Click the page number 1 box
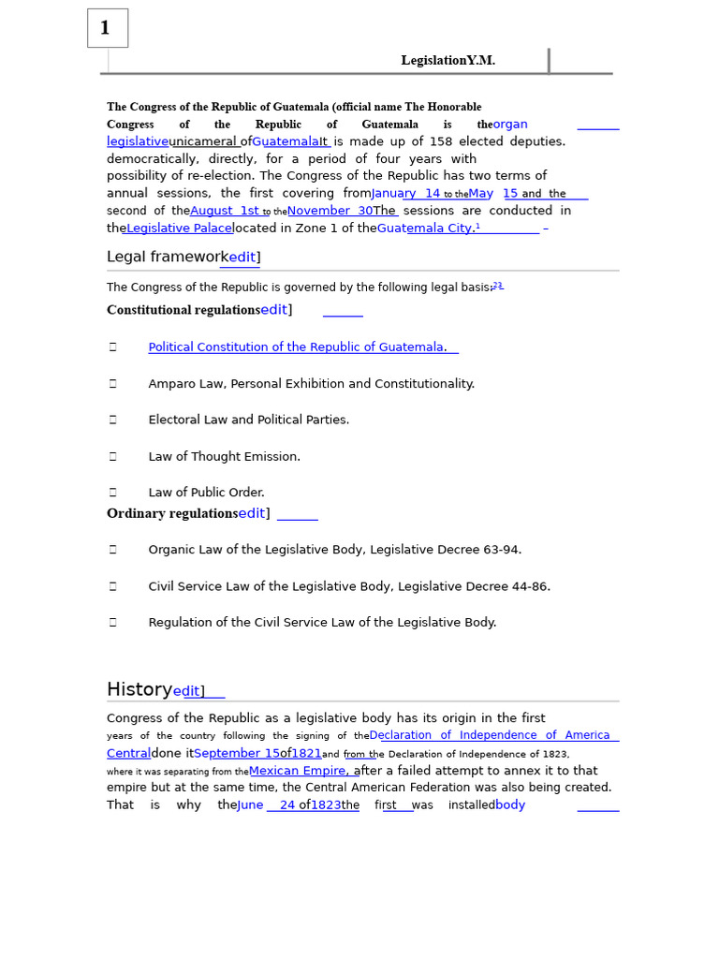point(107,28)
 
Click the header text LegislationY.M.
point(448,61)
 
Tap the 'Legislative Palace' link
point(179,228)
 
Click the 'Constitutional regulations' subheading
point(183,310)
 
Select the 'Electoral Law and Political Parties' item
point(248,420)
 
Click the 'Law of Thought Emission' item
point(224,457)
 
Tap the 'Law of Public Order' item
point(206,493)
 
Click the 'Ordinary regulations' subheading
point(172,513)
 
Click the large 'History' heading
point(139,690)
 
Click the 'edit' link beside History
point(186,692)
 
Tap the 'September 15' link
point(237,753)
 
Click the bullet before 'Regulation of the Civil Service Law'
point(113,623)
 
